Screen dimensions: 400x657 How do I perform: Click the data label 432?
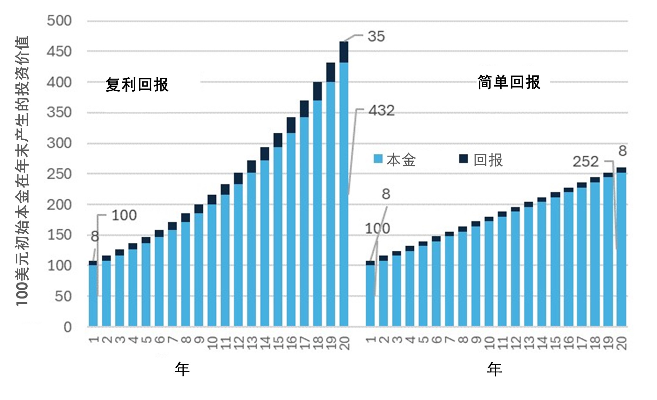[381, 111]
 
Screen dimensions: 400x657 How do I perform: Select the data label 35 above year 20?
[376, 36]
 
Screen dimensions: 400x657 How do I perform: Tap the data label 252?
[586, 162]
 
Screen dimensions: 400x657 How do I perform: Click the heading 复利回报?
[137, 85]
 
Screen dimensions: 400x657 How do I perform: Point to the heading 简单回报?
[509, 82]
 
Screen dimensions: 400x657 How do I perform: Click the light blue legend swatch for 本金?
[378, 159]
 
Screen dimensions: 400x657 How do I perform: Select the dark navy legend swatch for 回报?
[464, 158]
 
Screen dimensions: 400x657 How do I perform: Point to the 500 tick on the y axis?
[59, 21]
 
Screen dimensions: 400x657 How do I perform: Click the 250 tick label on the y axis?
[59, 174]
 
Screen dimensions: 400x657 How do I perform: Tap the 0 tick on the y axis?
[67, 327]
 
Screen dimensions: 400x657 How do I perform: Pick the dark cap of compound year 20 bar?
[344, 52]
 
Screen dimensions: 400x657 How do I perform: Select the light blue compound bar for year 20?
[344, 194]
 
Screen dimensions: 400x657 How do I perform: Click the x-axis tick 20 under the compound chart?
[345, 343]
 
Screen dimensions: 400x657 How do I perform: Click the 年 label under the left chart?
[182, 369]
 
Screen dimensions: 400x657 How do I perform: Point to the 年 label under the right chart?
[494, 369]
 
